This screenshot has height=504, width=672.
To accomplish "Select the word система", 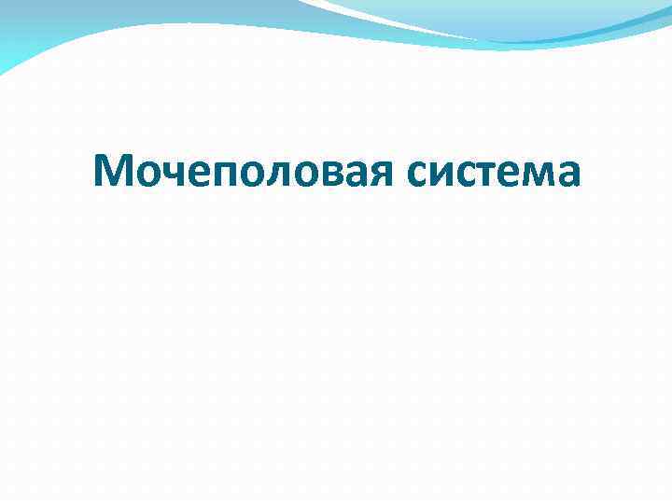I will [495, 172].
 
